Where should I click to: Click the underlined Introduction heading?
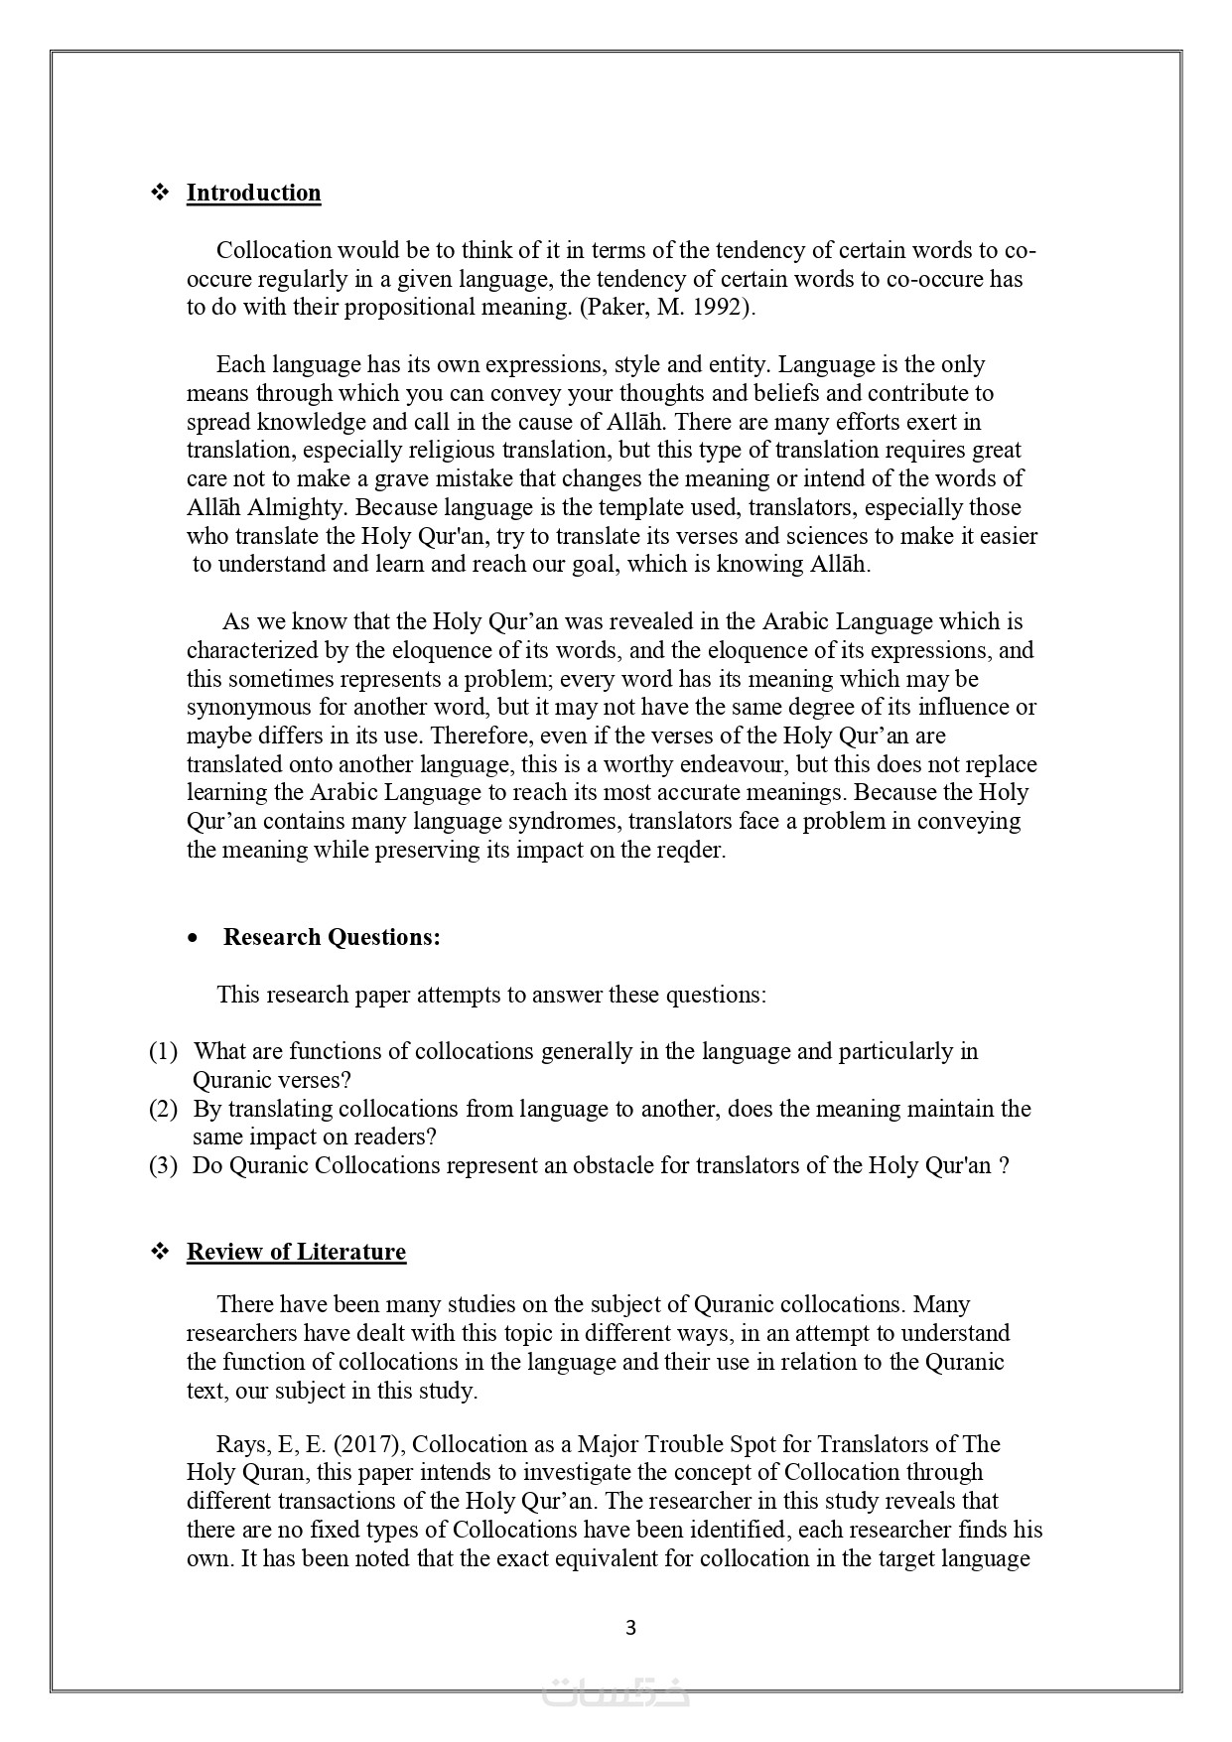253,193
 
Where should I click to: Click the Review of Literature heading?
296,1252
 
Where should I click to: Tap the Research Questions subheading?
332,937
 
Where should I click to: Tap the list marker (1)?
163,1051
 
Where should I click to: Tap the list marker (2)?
163,1109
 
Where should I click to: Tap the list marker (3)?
163,1165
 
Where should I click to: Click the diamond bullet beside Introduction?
160,193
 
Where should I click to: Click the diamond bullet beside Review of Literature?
160,1252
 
